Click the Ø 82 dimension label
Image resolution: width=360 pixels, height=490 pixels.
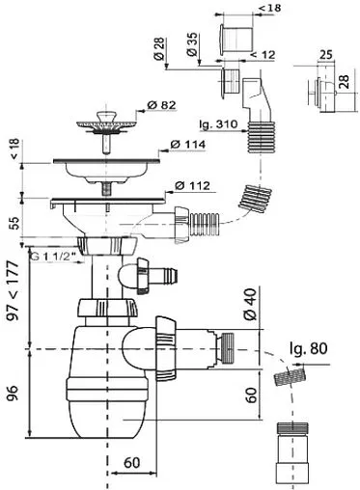coord(161,105)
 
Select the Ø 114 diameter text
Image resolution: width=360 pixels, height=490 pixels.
coord(188,145)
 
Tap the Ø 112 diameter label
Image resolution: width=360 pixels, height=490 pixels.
coord(193,186)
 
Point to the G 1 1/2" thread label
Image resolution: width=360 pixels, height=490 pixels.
coord(54,257)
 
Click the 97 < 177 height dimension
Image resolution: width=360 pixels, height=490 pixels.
coord(14,290)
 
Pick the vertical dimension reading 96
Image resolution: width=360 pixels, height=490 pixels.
coord(14,393)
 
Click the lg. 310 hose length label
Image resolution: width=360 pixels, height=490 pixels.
coord(218,124)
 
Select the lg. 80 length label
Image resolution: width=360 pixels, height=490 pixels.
coord(309,348)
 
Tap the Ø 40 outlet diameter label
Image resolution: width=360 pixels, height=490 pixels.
coord(250,304)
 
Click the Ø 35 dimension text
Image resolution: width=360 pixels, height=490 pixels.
coord(192,44)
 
